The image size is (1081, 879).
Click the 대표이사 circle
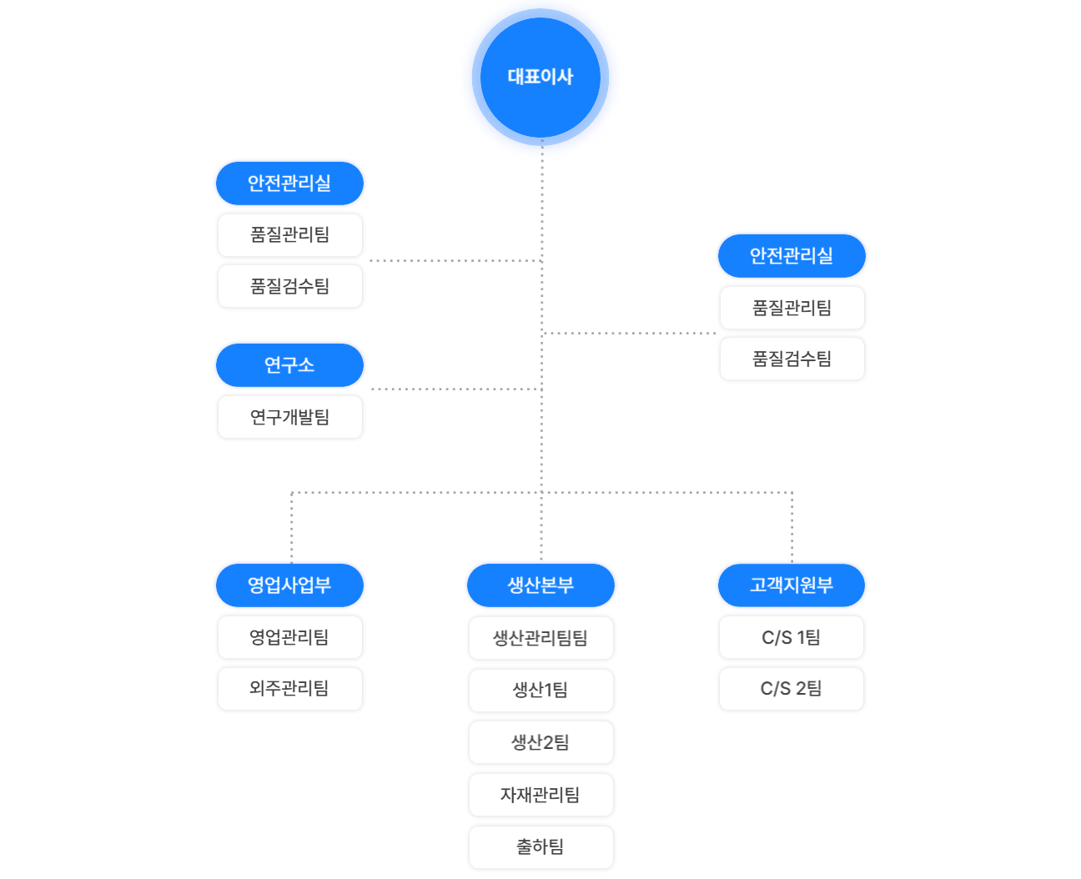540,77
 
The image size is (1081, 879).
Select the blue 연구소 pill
289,365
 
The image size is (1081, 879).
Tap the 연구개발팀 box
289,417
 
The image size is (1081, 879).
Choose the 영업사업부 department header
289,585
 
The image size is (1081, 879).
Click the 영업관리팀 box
289,637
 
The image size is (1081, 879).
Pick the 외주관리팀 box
289,689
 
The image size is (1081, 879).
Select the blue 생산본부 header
540,585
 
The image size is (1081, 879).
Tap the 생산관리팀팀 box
540,638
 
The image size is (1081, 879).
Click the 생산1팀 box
540,691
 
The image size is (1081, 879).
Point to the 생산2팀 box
540,742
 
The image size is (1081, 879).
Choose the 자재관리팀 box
540,795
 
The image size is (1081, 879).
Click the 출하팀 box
540,847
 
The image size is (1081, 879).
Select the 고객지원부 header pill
792,585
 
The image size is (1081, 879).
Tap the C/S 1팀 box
792,637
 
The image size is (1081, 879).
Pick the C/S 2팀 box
792,689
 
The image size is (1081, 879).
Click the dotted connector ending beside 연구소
457,389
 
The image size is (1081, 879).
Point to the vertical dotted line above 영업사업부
291,527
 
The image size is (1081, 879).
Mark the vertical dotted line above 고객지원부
792,527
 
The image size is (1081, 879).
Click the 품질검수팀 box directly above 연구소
289,286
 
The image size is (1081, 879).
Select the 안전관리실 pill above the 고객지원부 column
792,256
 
